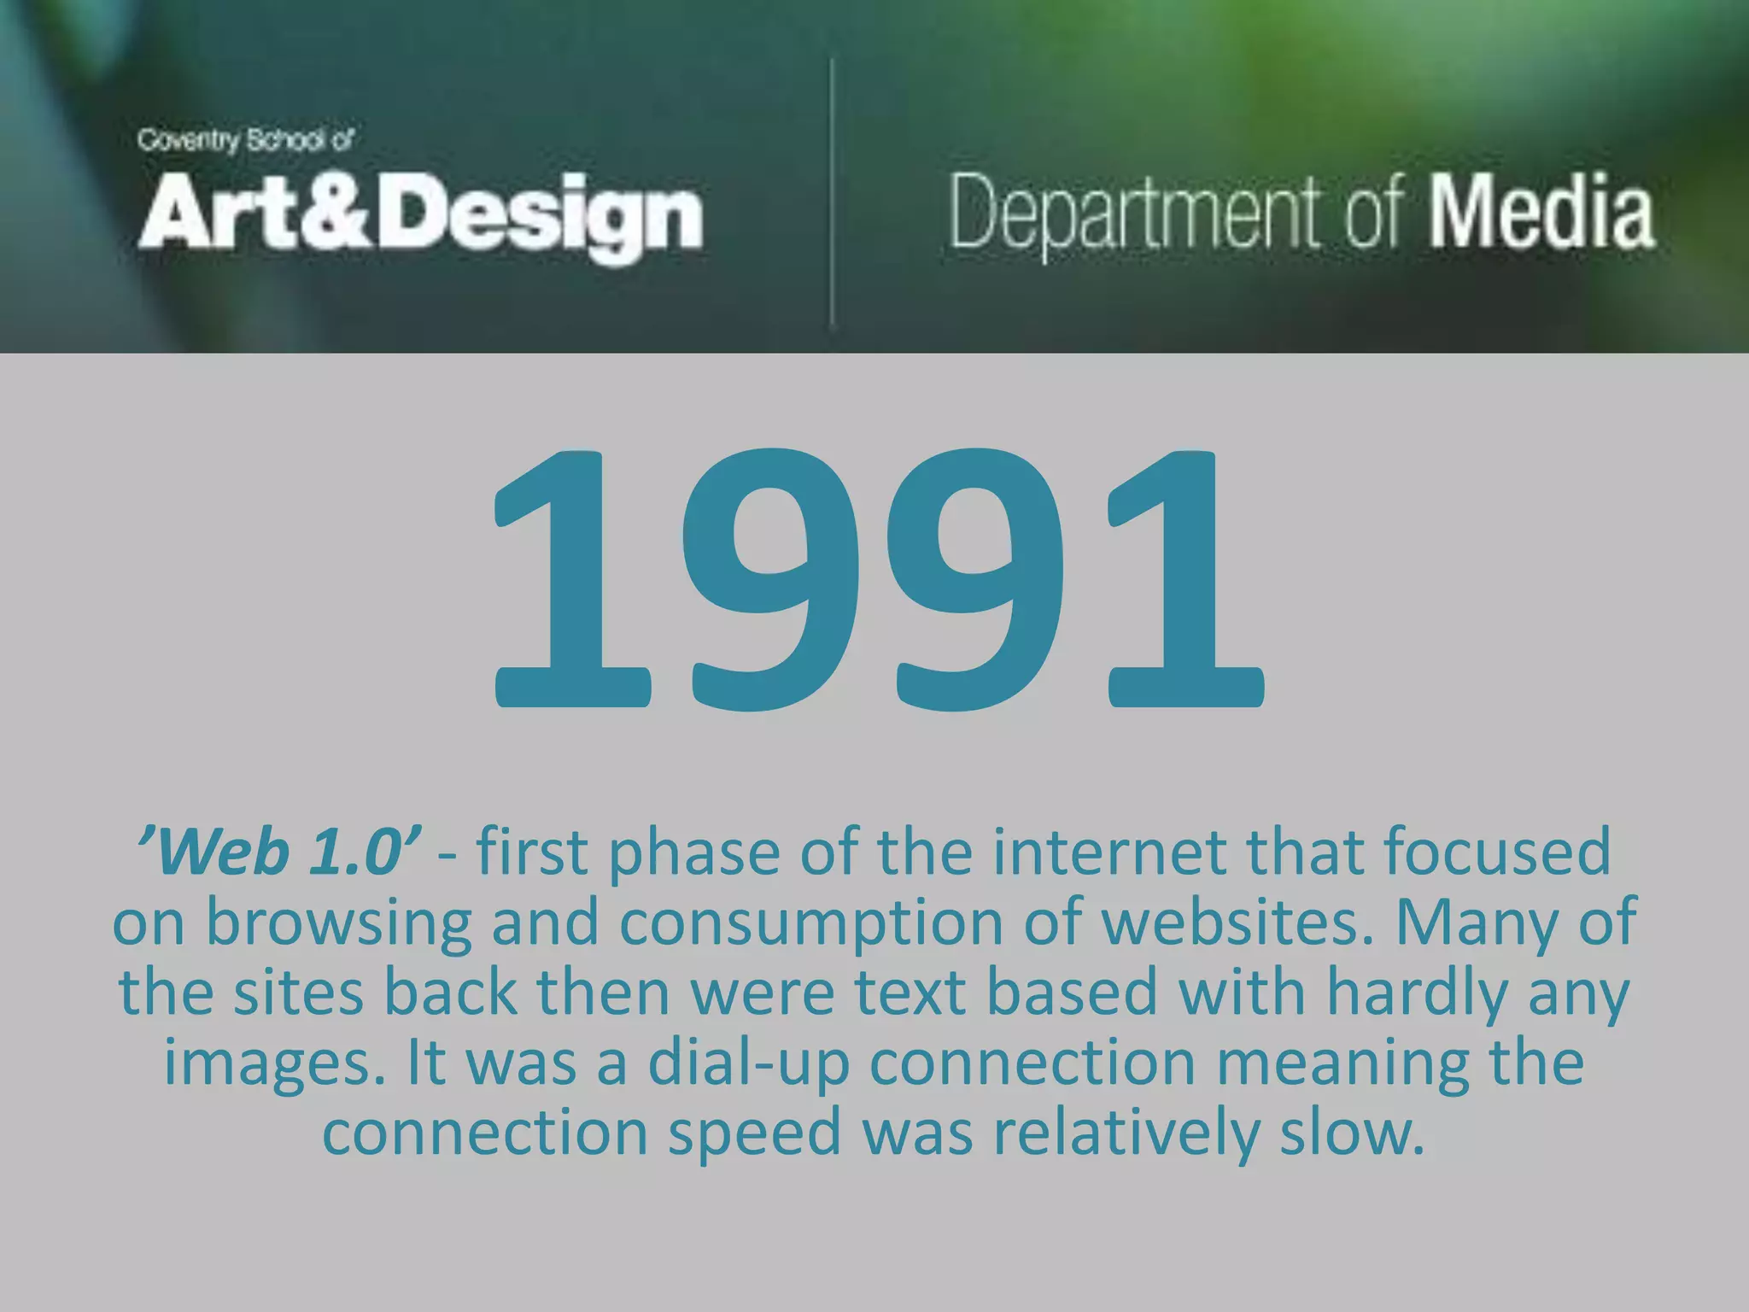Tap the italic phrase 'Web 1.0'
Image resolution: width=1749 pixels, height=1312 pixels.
tap(278, 852)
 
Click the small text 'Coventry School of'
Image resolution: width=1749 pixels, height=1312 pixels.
tap(245, 140)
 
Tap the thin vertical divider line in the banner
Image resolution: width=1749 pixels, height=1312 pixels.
tap(831, 192)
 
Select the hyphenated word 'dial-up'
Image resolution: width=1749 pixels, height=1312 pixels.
tap(749, 1064)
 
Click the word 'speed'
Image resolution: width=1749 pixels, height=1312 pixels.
tap(754, 1134)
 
